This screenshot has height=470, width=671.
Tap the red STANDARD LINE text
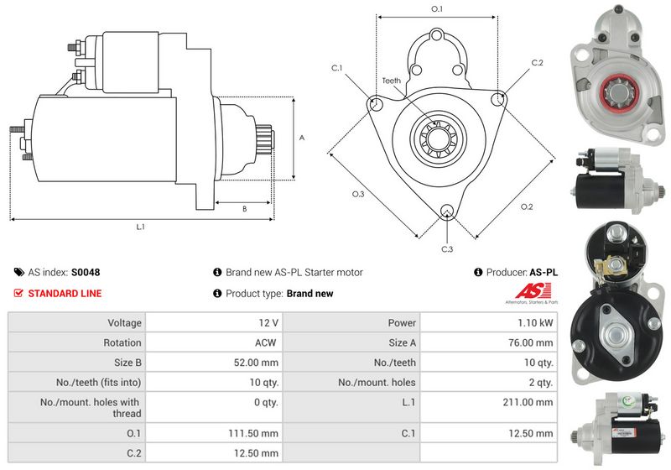click(x=65, y=294)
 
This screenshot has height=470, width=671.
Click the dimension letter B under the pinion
click(x=244, y=208)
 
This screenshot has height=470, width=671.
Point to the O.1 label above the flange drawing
click(x=436, y=8)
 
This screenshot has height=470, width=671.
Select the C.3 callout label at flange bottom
click(x=447, y=249)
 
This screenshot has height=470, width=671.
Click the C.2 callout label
click(x=538, y=63)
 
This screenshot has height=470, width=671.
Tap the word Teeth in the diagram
click(x=392, y=81)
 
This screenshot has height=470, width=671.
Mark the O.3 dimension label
click(x=358, y=194)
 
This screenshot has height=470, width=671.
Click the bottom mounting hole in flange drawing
click(x=447, y=211)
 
